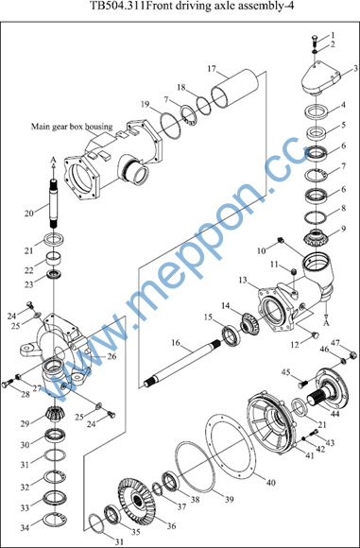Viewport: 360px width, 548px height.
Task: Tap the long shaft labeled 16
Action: pyautogui.click(x=182, y=364)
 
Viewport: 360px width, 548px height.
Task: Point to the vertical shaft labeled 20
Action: pyautogui.click(x=54, y=203)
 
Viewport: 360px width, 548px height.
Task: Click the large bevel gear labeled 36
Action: pyautogui.click(x=139, y=500)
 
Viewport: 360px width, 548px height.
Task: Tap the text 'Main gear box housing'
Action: pyautogui.click(x=72, y=127)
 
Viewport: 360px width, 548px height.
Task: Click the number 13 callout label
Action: pyautogui.click(x=244, y=281)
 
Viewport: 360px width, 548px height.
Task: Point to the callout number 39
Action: pyautogui.click(x=229, y=499)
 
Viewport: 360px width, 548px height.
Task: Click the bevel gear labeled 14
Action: pyautogui.click(x=249, y=320)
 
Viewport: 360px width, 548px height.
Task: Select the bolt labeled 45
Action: pyautogui.click(x=302, y=384)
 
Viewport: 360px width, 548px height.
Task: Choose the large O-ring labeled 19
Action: pyautogui.click(x=171, y=125)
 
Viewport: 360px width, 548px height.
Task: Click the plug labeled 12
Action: pyautogui.click(x=316, y=335)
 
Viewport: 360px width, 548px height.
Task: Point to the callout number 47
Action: pyautogui.click(x=336, y=343)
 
